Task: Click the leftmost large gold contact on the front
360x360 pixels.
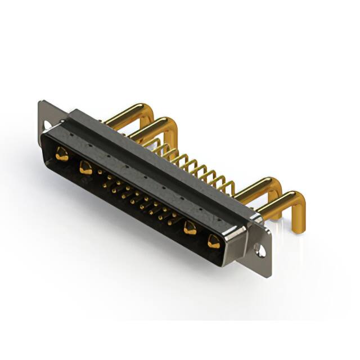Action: pos(61,153)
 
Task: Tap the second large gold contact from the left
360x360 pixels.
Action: pos(85,166)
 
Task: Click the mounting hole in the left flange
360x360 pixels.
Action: pos(47,122)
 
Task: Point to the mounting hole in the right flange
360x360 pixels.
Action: pos(261,248)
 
